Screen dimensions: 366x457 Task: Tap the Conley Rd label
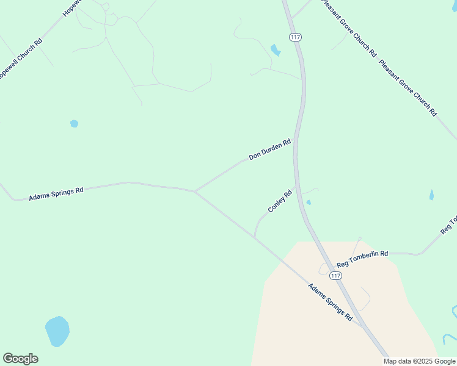(280, 201)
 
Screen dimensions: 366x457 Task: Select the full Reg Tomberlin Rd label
(362, 259)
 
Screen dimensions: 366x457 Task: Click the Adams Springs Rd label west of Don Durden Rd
(56, 194)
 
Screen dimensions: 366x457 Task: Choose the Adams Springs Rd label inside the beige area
(331, 302)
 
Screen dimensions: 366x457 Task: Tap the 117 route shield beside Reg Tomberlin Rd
(335, 276)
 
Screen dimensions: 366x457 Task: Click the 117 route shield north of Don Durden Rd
(296, 37)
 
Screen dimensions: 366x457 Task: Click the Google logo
(20, 359)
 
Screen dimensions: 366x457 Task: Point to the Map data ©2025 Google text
(419, 361)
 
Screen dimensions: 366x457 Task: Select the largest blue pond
(57, 331)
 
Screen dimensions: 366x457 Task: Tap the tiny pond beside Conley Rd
(309, 203)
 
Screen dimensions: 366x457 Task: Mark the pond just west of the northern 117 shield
(276, 50)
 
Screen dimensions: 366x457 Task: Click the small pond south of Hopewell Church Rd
(74, 123)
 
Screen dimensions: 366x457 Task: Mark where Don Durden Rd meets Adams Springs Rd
(194, 192)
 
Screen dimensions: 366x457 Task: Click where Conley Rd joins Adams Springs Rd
(254, 237)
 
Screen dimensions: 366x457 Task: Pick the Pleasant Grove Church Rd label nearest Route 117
(346, 30)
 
